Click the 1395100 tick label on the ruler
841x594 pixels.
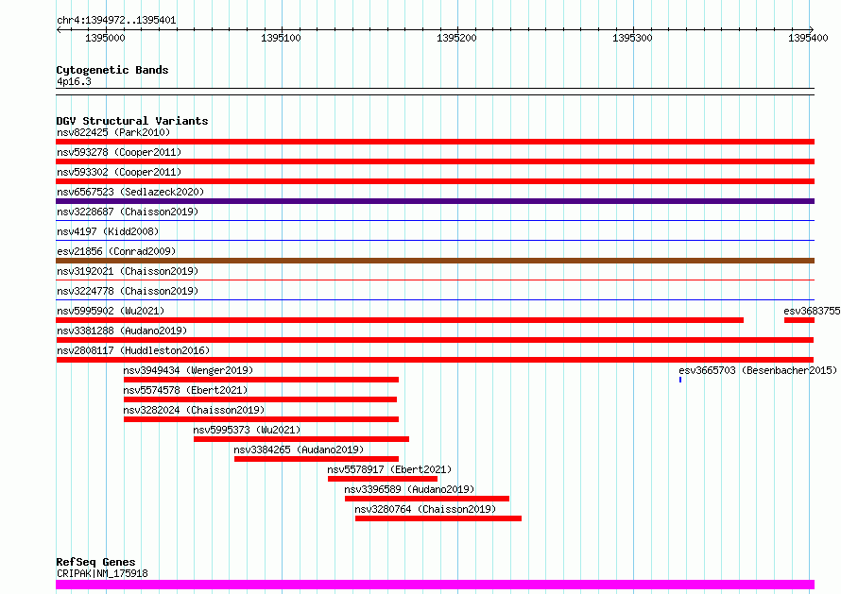(x=281, y=38)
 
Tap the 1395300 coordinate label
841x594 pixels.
(x=632, y=38)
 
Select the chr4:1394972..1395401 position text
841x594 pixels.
(x=116, y=21)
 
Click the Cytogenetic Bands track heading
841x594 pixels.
(x=112, y=70)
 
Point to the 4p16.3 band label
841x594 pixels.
(x=74, y=81)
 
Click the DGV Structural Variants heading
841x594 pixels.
(x=132, y=121)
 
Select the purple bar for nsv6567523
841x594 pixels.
(x=435, y=201)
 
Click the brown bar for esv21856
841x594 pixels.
(x=435, y=261)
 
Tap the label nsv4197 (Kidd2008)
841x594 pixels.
(x=108, y=231)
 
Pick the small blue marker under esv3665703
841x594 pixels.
(x=680, y=380)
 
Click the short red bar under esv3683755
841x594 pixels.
(x=799, y=320)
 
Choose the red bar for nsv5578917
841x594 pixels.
(x=383, y=479)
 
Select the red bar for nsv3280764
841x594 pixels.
(x=438, y=518)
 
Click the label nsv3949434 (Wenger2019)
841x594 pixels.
(x=188, y=370)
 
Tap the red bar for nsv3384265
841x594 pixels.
(x=317, y=459)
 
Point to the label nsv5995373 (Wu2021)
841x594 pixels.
(x=247, y=430)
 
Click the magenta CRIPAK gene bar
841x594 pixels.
(x=435, y=585)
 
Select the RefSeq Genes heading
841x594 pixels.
(x=95, y=562)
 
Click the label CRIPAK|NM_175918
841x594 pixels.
(x=102, y=573)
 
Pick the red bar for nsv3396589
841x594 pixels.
(x=427, y=499)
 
